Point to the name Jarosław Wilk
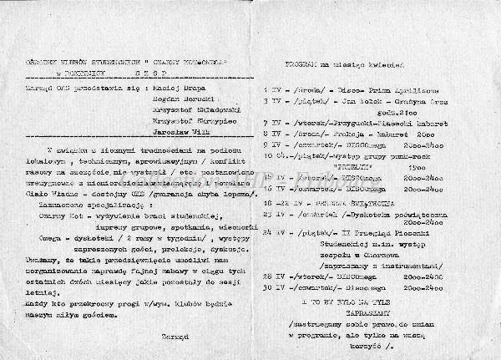pos(178,132)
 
